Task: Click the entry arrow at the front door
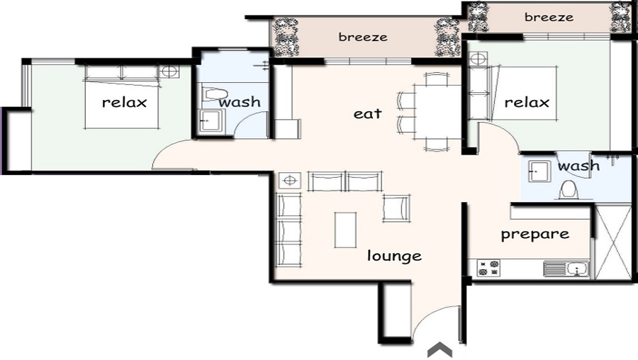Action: (440, 349)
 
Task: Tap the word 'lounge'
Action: (394, 256)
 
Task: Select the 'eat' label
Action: (368, 113)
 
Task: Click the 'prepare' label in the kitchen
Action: (535, 234)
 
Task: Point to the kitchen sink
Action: (566, 269)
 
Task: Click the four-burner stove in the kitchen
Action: (488, 268)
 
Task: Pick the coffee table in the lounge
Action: (345, 230)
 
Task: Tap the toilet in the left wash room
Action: (214, 94)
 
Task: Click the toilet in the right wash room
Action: (567, 190)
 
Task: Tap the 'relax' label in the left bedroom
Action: (124, 102)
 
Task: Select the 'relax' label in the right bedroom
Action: (527, 103)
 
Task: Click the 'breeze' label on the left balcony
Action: (363, 37)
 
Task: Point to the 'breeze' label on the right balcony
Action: (549, 17)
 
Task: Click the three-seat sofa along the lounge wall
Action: (289, 229)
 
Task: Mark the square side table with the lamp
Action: (289, 181)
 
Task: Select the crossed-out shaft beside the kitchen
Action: (612, 242)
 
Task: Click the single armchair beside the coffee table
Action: (396, 207)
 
